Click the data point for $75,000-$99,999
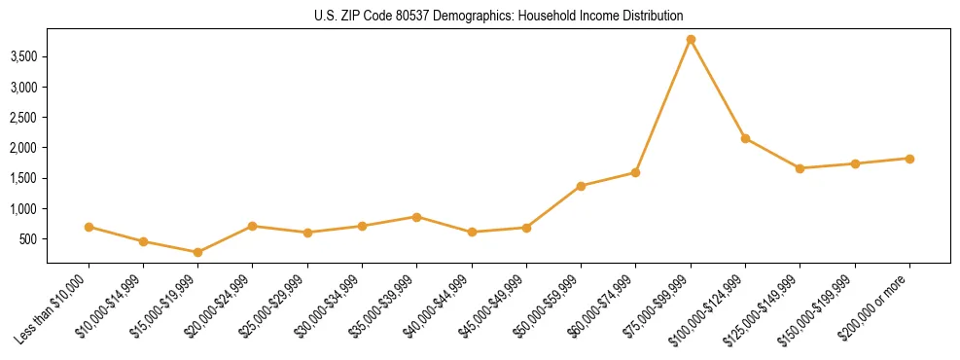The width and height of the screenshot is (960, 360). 691,39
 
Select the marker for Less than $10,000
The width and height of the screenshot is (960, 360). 89,227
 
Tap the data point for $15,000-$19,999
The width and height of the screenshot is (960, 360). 198,252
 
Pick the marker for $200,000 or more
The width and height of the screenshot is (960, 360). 909,159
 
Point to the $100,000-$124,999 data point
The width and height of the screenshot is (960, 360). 745,138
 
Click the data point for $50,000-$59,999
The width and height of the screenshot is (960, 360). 581,186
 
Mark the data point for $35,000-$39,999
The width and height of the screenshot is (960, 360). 417,217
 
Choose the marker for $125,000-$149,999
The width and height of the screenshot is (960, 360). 800,168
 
